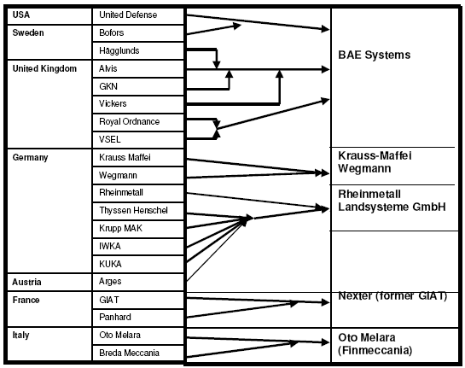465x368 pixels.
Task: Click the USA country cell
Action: [49, 16]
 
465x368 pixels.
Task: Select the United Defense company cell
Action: [138, 16]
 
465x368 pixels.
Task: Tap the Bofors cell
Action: [138, 33]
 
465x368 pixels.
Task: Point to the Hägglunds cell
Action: [138, 50]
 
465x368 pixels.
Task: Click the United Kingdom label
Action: [44, 68]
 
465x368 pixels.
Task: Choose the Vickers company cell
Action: [138, 104]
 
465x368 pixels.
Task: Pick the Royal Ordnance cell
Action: [138, 122]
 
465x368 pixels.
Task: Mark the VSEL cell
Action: [138, 140]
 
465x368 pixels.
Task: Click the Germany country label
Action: [30, 157]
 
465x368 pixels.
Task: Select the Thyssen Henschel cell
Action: [138, 211]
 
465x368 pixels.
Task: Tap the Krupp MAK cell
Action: [138, 229]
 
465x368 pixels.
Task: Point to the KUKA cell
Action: [138, 264]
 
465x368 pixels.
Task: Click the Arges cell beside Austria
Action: [138, 282]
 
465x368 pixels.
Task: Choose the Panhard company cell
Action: [138, 318]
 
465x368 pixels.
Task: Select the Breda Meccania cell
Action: [138, 353]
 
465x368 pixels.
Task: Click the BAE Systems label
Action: [375, 55]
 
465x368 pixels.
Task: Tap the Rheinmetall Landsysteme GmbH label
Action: [392, 201]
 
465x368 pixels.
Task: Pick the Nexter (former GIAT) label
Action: [392, 296]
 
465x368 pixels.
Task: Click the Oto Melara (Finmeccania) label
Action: [375, 344]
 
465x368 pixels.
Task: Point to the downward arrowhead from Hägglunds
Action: [217, 64]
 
